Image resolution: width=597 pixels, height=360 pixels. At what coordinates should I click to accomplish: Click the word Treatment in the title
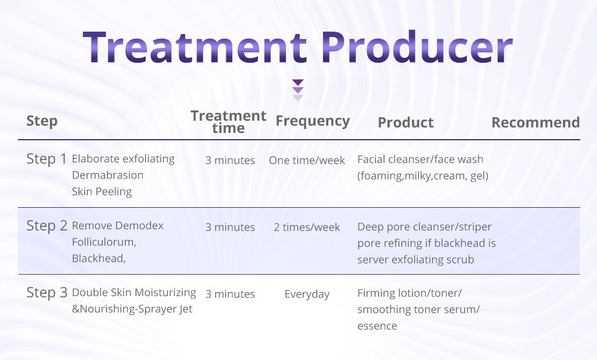[x=194, y=47]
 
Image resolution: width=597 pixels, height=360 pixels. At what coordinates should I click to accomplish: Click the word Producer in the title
[x=417, y=47]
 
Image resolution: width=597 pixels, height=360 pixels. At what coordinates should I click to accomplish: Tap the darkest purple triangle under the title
[x=298, y=82]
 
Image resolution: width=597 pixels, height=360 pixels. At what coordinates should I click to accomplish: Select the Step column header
[x=42, y=121]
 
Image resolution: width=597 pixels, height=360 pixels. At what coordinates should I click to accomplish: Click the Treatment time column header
[x=229, y=121]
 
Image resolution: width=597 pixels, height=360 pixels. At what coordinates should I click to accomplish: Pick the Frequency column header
[x=313, y=121]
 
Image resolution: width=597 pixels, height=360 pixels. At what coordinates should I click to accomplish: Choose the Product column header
[x=405, y=122]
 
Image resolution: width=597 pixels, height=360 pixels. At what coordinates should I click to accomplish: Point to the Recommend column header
[x=536, y=122]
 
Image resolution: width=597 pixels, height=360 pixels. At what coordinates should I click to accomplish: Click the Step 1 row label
[x=47, y=159]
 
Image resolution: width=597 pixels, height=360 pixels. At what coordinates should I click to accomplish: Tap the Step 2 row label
[x=47, y=226]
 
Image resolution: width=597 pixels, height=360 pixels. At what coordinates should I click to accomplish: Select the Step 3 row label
[x=47, y=293]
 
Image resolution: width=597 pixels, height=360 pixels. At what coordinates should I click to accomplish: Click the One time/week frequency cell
[x=307, y=160]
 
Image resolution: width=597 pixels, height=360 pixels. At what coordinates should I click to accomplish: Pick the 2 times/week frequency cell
[x=307, y=227]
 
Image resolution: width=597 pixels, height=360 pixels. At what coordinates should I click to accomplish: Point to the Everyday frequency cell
[x=307, y=294]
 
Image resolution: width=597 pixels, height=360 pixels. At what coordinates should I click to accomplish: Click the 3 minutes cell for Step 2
[x=230, y=227]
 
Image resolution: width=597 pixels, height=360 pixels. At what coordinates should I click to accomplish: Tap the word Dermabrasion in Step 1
[x=107, y=175]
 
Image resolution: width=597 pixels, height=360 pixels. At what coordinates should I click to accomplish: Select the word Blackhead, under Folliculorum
[x=99, y=259]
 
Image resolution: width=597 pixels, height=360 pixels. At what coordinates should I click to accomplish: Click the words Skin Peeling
[x=101, y=192]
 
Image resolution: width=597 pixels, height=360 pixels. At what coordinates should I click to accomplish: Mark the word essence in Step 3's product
[x=377, y=326]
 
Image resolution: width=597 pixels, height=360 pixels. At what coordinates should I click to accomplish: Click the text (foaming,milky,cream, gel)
[x=423, y=176]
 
